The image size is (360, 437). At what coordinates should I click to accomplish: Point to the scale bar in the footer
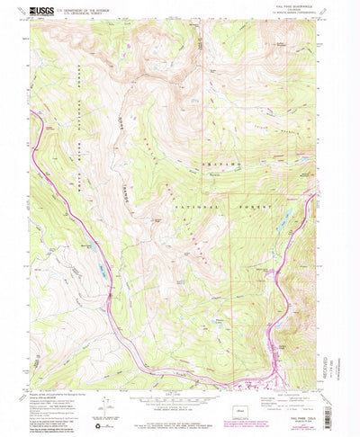pos(180,403)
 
